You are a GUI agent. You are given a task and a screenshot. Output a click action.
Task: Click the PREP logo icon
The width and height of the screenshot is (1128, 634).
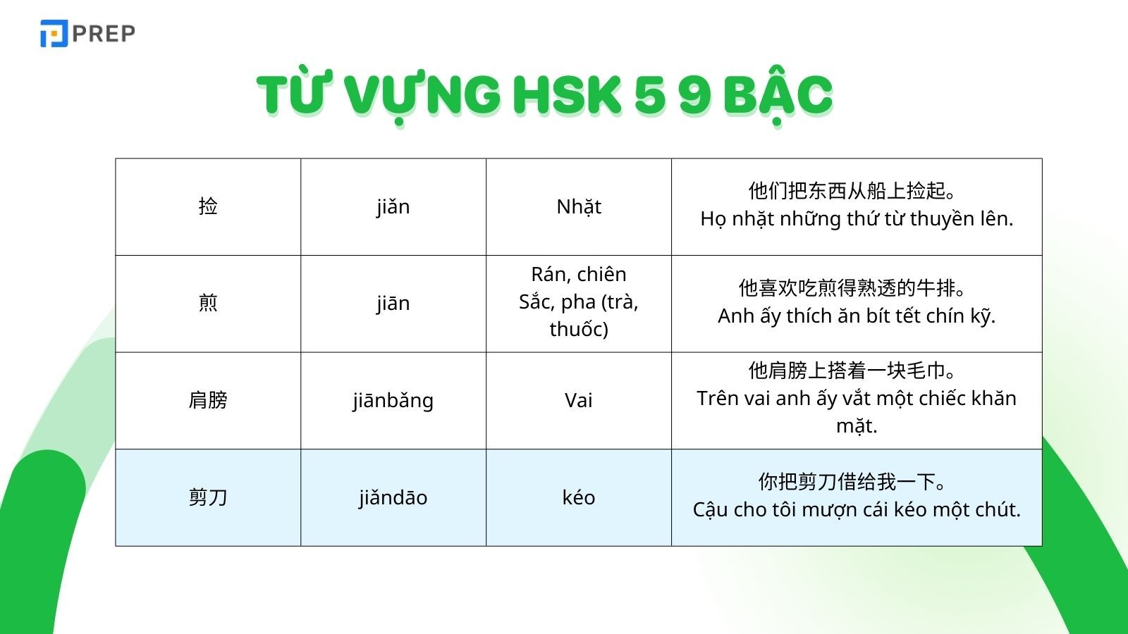click(54, 33)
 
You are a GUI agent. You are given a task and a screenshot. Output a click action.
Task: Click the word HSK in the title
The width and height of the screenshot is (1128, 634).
click(567, 94)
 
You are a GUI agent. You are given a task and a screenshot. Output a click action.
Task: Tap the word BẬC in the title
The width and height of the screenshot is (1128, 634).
click(778, 94)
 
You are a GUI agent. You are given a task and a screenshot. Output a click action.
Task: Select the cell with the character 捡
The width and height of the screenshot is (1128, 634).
click(208, 206)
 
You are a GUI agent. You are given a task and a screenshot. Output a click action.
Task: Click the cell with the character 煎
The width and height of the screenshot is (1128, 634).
click(208, 303)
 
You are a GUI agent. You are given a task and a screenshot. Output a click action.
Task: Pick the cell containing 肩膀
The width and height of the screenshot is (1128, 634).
click(208, 400)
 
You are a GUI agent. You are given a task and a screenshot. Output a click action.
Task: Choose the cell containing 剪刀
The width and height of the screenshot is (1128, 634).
click(208, 497)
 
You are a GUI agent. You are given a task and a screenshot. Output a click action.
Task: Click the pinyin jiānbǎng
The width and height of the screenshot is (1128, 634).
click(393, 401)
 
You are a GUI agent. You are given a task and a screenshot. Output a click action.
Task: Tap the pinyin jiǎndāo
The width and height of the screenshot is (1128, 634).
click(393, 497)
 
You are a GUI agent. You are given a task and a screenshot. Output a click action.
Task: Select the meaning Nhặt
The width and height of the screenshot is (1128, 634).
click(579, 206)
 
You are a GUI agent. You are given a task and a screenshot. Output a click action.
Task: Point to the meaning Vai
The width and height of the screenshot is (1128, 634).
click(579, 400)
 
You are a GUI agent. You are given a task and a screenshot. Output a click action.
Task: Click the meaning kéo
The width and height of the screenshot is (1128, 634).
click(579, 497)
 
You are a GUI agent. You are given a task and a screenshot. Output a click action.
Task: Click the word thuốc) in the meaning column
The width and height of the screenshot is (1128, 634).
click(579, 329)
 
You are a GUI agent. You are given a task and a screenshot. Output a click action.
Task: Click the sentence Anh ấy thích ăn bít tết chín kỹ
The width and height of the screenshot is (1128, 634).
click(857, 316)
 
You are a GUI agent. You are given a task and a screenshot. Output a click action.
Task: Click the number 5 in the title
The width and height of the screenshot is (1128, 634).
click(649, 94)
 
